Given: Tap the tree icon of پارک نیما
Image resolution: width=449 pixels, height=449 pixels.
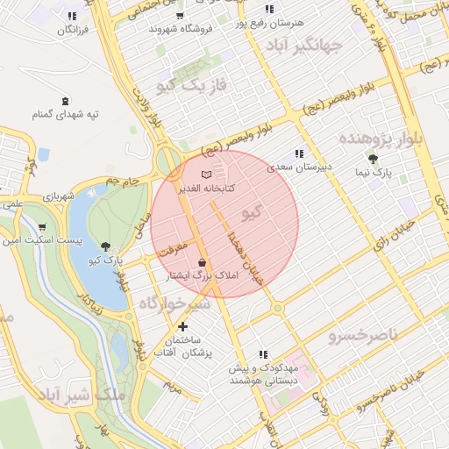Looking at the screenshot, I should click(x=374, y=159).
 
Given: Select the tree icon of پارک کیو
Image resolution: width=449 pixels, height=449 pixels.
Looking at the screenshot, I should click(x=106, y=246).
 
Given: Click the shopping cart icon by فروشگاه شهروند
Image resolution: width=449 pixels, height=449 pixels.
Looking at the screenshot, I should click(x=180, y=15).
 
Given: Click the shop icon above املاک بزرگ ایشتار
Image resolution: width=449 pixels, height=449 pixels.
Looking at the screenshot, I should click(x=203, y=262).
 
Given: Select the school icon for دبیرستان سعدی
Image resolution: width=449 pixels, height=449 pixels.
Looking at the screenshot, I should click(x=298, y=153).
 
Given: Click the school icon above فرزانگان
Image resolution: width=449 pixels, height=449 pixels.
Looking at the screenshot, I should click(x=70, y=16).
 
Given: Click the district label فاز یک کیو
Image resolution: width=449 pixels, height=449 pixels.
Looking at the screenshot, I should click(x=191, y=84).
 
